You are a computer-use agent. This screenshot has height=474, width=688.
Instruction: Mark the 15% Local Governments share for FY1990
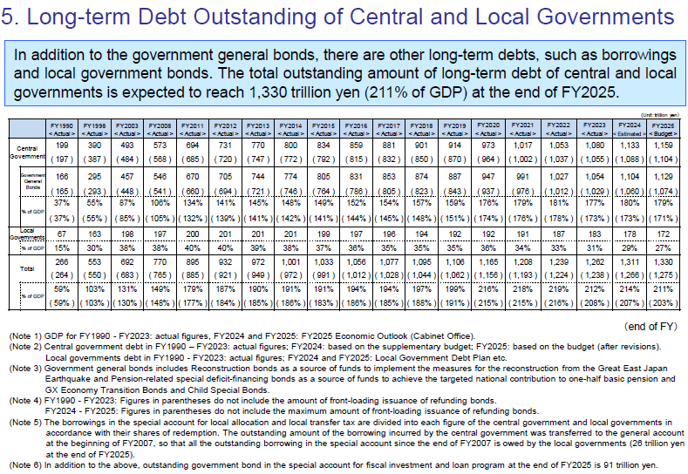point(60,247)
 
